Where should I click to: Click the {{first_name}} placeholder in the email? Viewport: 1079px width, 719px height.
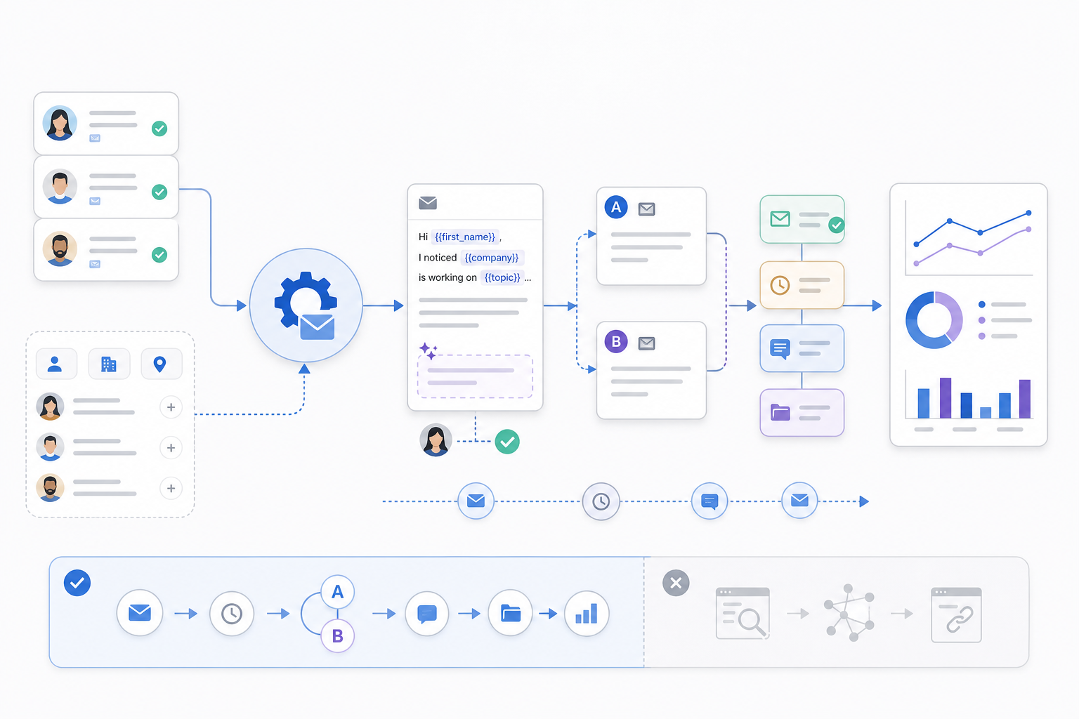click(x=465, y=237)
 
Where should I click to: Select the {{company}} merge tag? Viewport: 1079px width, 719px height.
click(x=491, y=258)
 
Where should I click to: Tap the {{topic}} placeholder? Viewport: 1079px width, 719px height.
click(x=502, y=278)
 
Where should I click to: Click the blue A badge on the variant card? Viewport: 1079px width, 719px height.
click(x=616, y=207)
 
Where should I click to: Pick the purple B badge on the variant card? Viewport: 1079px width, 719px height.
click(x=616, y=341)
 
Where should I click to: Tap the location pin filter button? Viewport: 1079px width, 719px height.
click(x=161, y=364)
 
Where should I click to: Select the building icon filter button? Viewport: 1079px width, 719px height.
click(x=109, y=364)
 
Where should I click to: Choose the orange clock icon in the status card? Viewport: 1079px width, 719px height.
click(x=780, y=285)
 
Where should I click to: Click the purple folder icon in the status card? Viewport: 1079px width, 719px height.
click(x=780, y=413)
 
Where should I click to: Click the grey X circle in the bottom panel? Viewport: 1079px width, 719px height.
click(x=676, y=583)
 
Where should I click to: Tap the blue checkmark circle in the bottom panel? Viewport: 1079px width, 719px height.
click(x=77, y=583)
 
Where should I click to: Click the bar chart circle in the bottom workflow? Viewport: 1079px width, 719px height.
click(x=587, y=614)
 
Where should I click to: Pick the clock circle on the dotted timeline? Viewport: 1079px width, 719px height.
click(x=601, y=501)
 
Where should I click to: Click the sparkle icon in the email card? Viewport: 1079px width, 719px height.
click(x=428, y=350)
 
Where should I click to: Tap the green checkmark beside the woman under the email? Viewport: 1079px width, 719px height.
click(x=507, y=442)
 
